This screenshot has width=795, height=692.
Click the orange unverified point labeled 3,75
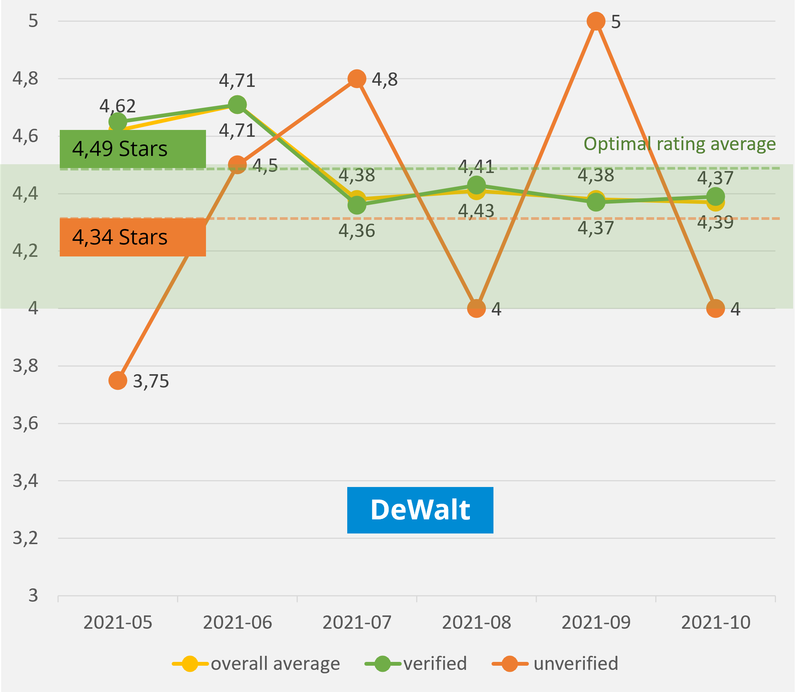tap(118, 381)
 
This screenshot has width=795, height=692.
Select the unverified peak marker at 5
tap(596, 21)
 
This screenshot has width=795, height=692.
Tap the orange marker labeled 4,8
tap(357, 79)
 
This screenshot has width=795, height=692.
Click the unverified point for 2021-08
tap(476, 309)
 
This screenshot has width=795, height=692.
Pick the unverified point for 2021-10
tap(715, 309)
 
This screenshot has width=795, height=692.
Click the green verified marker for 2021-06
tap(237, 105)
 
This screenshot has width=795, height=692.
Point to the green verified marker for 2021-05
tap(118, 122)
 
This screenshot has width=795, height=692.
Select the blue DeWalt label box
tap(420, 510)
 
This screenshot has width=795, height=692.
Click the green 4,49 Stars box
tap(132, 149)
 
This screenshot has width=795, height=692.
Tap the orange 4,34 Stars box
tap(132, 237)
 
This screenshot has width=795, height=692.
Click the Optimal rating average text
tap(679, 144)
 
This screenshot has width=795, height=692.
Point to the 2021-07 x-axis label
tap(357, 623)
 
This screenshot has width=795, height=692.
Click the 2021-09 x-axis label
tap(596, 623)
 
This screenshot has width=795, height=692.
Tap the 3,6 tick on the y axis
tap(26, 424)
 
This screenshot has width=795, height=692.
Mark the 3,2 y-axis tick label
tap(26, 538)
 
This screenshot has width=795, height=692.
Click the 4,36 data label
tap(357, 231)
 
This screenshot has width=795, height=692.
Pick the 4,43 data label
tap(476, 211)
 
